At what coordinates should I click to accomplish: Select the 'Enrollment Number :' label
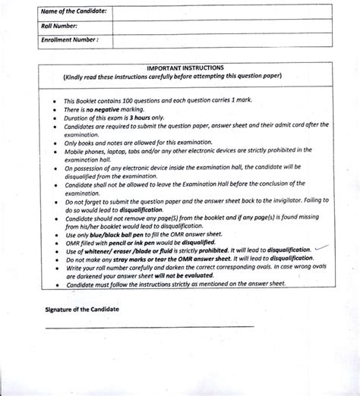tap(70, 38)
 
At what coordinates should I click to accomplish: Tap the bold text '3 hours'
tap(137, 118)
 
